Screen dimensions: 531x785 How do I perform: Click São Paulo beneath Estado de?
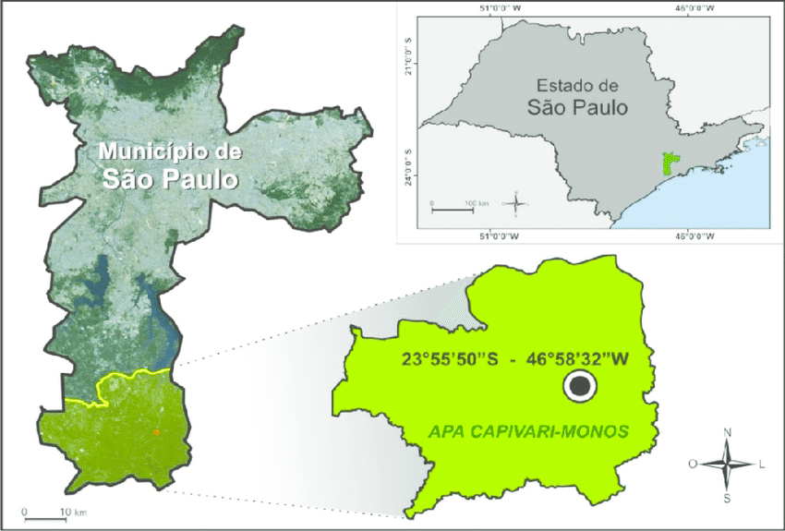click(579, 107)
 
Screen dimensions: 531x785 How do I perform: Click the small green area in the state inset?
click(671, 164)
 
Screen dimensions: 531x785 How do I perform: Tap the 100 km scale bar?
click(453, 208)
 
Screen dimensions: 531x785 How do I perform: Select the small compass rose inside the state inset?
click(515, 202)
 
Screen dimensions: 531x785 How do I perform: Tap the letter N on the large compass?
click(728, 431)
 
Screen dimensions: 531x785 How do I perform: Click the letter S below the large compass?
click(728, 499)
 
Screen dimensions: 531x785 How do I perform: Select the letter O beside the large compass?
click(693, 465)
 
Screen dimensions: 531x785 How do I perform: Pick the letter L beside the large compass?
click(762, 465)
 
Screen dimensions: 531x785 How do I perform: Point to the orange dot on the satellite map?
click(157, 431)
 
